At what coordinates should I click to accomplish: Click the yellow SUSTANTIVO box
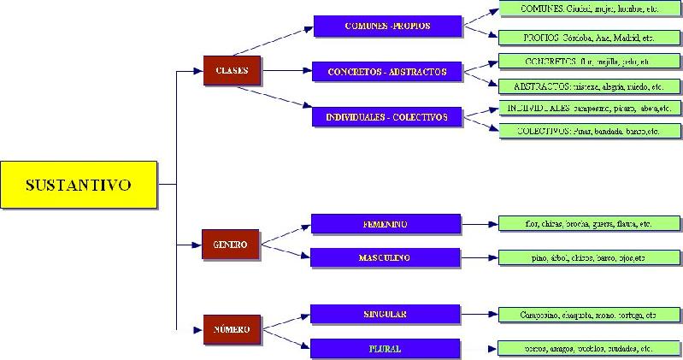pyautogui.click(x=79, y=184)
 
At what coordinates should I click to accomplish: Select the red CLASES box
pyautogui.click(x=232, y=71)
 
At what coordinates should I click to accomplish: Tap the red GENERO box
pyautogui.click(x=230, y=245)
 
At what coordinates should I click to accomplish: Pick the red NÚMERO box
pyautogui.click(x=232, y=329)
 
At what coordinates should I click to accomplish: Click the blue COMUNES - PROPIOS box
pyautogui.click(x=387, y=27)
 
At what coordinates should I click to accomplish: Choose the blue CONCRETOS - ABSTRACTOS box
pyautogui.click(x=387, y=71)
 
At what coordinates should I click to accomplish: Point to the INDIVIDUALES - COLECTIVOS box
pyautogui.click(x=387, y=116)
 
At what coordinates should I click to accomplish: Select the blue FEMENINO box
pyautogui.click(x=386, y=224)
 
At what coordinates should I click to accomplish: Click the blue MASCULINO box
pyautogui.click(x=386, y=257)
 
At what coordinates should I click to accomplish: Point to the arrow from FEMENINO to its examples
pyautogui.click(x=480, y=224)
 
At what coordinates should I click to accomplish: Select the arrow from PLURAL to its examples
pyautogui.click(x=479, y=349)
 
